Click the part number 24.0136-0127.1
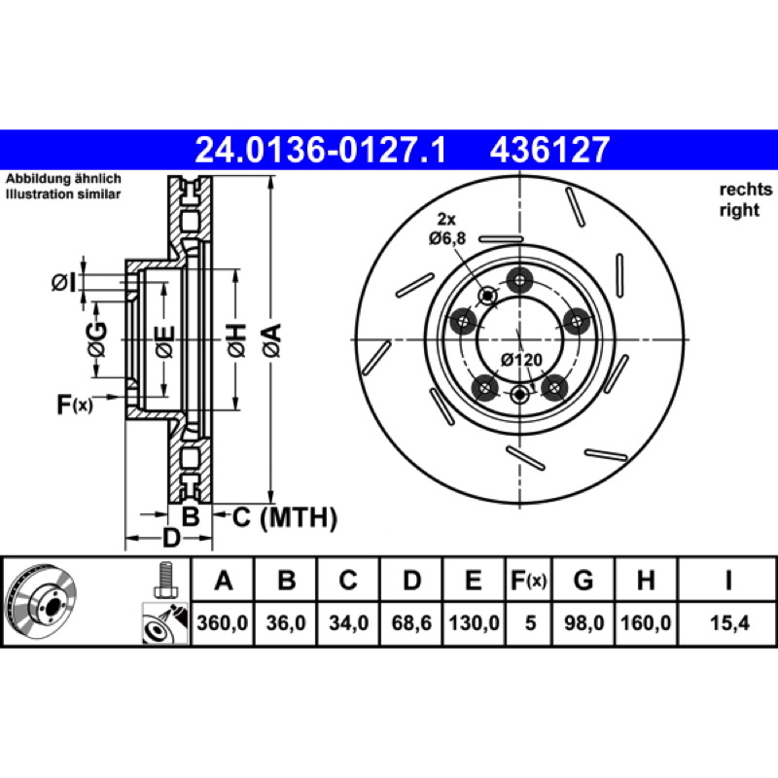[x=321, y=150]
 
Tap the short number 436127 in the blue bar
[x=549, y=150]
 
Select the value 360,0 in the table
[x=223, y=622]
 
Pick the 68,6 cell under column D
[x=411, y=622]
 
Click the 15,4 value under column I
[x=728, y=622]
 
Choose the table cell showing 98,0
[x=584, y=622]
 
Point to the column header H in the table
[x=646, y=580]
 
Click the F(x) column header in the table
[x=528, y=580]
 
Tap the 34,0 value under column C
[x=348, y=622]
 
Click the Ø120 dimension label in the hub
[x=521, y=359]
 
